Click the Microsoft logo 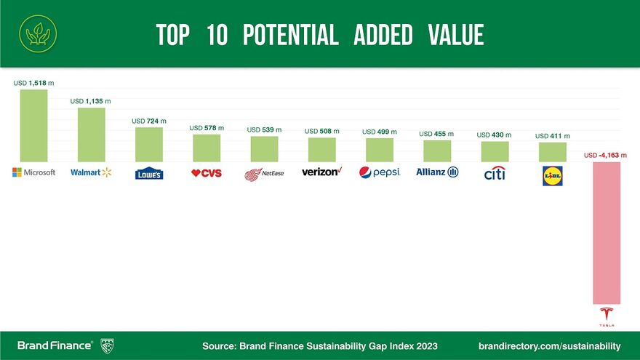(x=34, y=172)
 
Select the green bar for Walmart (x=92, y=135)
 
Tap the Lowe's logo (x=149, y=173)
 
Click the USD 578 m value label (x=207, y=128)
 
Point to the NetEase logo (x=264, y=174)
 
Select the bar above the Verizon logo (x=321, y=149)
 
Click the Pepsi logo (x=380, y=173)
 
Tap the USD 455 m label (x=436, y=134)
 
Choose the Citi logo (x=495, y=173)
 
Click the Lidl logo (x=553, y=175)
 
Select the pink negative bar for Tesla (x=607, y=232)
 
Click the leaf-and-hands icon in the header (x=34, y=33)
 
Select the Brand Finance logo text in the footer (x=55, y=345)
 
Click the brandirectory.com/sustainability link (x=550, y=345)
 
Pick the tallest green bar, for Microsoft (x=33, y=125)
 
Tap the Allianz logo (x=437, y=172)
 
